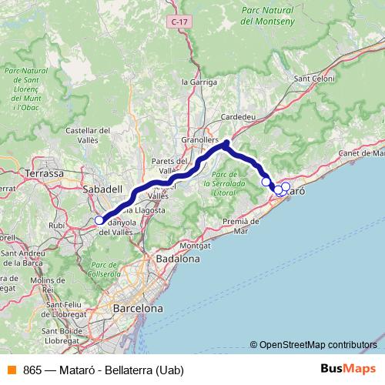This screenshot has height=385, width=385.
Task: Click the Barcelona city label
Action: click(x=138, y=308)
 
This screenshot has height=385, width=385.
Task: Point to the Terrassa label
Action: click(x=45, y=173)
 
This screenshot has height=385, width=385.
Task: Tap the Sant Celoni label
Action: click(x=315, y=79)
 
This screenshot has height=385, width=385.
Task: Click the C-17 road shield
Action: click(x=179, y=22)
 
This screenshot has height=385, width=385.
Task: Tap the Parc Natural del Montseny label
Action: click(x=269, y=16)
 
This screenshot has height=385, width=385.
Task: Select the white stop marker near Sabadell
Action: click(x=99, y=221)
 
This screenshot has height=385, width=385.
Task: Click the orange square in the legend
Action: click(x=11, y=370)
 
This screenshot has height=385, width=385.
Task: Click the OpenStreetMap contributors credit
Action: click(x=313, y=344)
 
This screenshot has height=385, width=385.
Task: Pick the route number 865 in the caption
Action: click(x=32, y=370)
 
